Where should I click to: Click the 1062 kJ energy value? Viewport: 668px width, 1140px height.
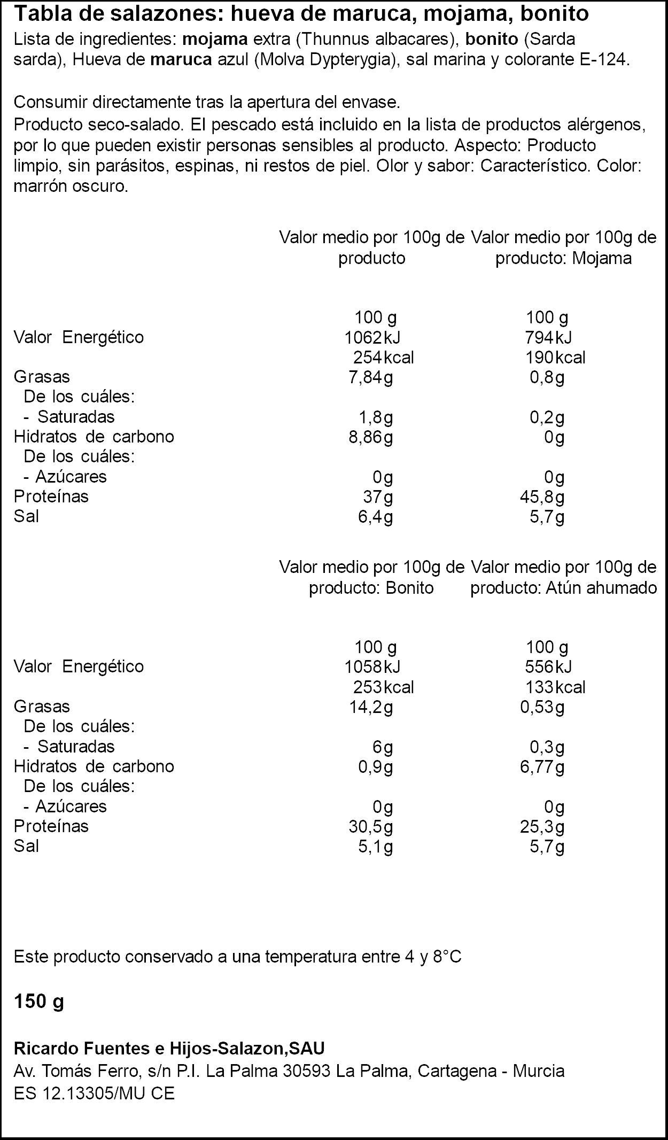[x=372, y=337]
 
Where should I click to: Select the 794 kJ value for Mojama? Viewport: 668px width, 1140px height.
[x=549, y=337]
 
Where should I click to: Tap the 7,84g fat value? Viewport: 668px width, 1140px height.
[x=371, y=377]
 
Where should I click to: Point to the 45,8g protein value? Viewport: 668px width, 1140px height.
[x=542, y=497]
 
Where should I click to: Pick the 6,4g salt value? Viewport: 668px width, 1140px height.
[x=376, y=517]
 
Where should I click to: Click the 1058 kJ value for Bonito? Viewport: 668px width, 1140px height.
[x=372, y=666]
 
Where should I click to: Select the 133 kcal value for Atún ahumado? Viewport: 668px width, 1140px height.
[x=555, y=687]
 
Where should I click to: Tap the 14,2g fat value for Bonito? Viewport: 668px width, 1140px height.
[x=371, y=707]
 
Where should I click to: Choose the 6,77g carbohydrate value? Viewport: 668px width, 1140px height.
[x=542, y=767]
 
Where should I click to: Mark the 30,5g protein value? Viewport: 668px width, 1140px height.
[x=371, y=827]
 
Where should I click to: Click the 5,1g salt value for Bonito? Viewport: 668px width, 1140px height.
[x=376, y=847]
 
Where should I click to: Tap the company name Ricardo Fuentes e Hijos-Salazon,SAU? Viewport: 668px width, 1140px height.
[x=169, y=1049]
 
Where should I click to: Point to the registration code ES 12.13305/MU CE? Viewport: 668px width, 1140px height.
[x=94, y=1094]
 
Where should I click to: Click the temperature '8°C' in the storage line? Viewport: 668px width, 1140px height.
[x=447, y=957]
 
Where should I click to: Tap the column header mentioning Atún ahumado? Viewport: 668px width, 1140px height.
[x=564, y=577]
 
